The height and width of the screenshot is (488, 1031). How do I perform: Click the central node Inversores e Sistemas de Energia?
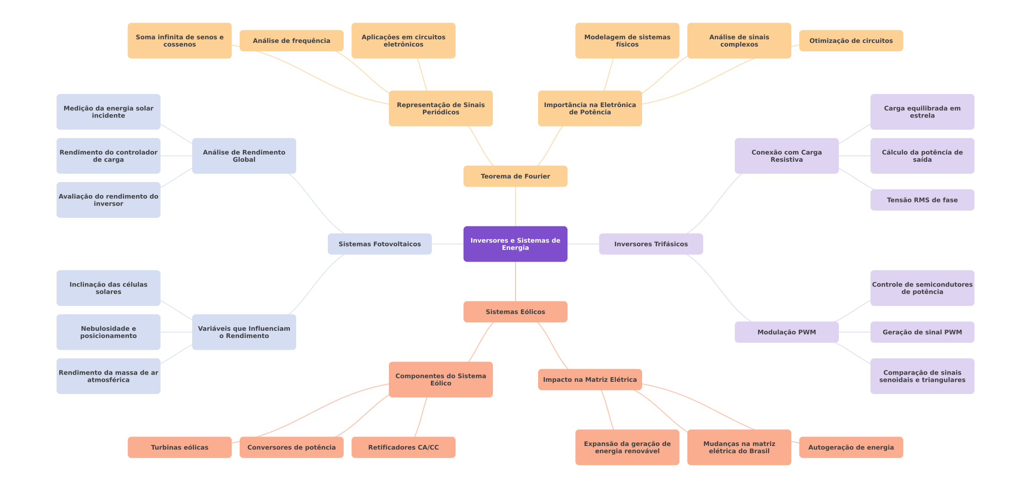click(x=515, y=244)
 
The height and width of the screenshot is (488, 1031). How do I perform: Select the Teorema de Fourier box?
click(x=515, y=176)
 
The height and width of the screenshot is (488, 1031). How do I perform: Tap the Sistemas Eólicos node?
click(x=515, y=312)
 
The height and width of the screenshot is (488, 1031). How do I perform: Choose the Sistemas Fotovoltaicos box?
click(x=379, y=244)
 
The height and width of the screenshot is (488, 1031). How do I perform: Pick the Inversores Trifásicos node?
click(x=651, y=244)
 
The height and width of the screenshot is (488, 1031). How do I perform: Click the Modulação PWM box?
click(x=786, y=332)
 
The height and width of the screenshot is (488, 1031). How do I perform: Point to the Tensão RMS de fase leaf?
click(x=922, y=200)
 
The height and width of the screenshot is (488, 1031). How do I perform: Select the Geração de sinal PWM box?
click(x=922, y=332)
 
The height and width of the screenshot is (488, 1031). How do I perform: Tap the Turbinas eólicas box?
click(x=180, y=447)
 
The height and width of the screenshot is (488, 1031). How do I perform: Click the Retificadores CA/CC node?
click(x=403, y=447)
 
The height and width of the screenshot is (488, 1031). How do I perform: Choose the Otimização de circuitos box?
click(x=851, y=41)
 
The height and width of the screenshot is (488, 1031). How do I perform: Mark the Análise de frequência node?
click(x=291, y=41)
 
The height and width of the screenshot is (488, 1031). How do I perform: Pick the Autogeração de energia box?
click(x=851, y=447)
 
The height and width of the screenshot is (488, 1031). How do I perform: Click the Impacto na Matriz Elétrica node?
click(x=590, y=380)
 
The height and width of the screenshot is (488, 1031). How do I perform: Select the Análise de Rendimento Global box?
click(x=244, y=156)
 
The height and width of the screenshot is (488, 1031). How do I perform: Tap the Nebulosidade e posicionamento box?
click(x=108, y=332)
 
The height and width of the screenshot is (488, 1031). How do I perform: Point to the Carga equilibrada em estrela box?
click(x=922, y=112)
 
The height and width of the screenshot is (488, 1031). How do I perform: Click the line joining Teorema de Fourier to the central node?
click(x=515, y=206)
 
